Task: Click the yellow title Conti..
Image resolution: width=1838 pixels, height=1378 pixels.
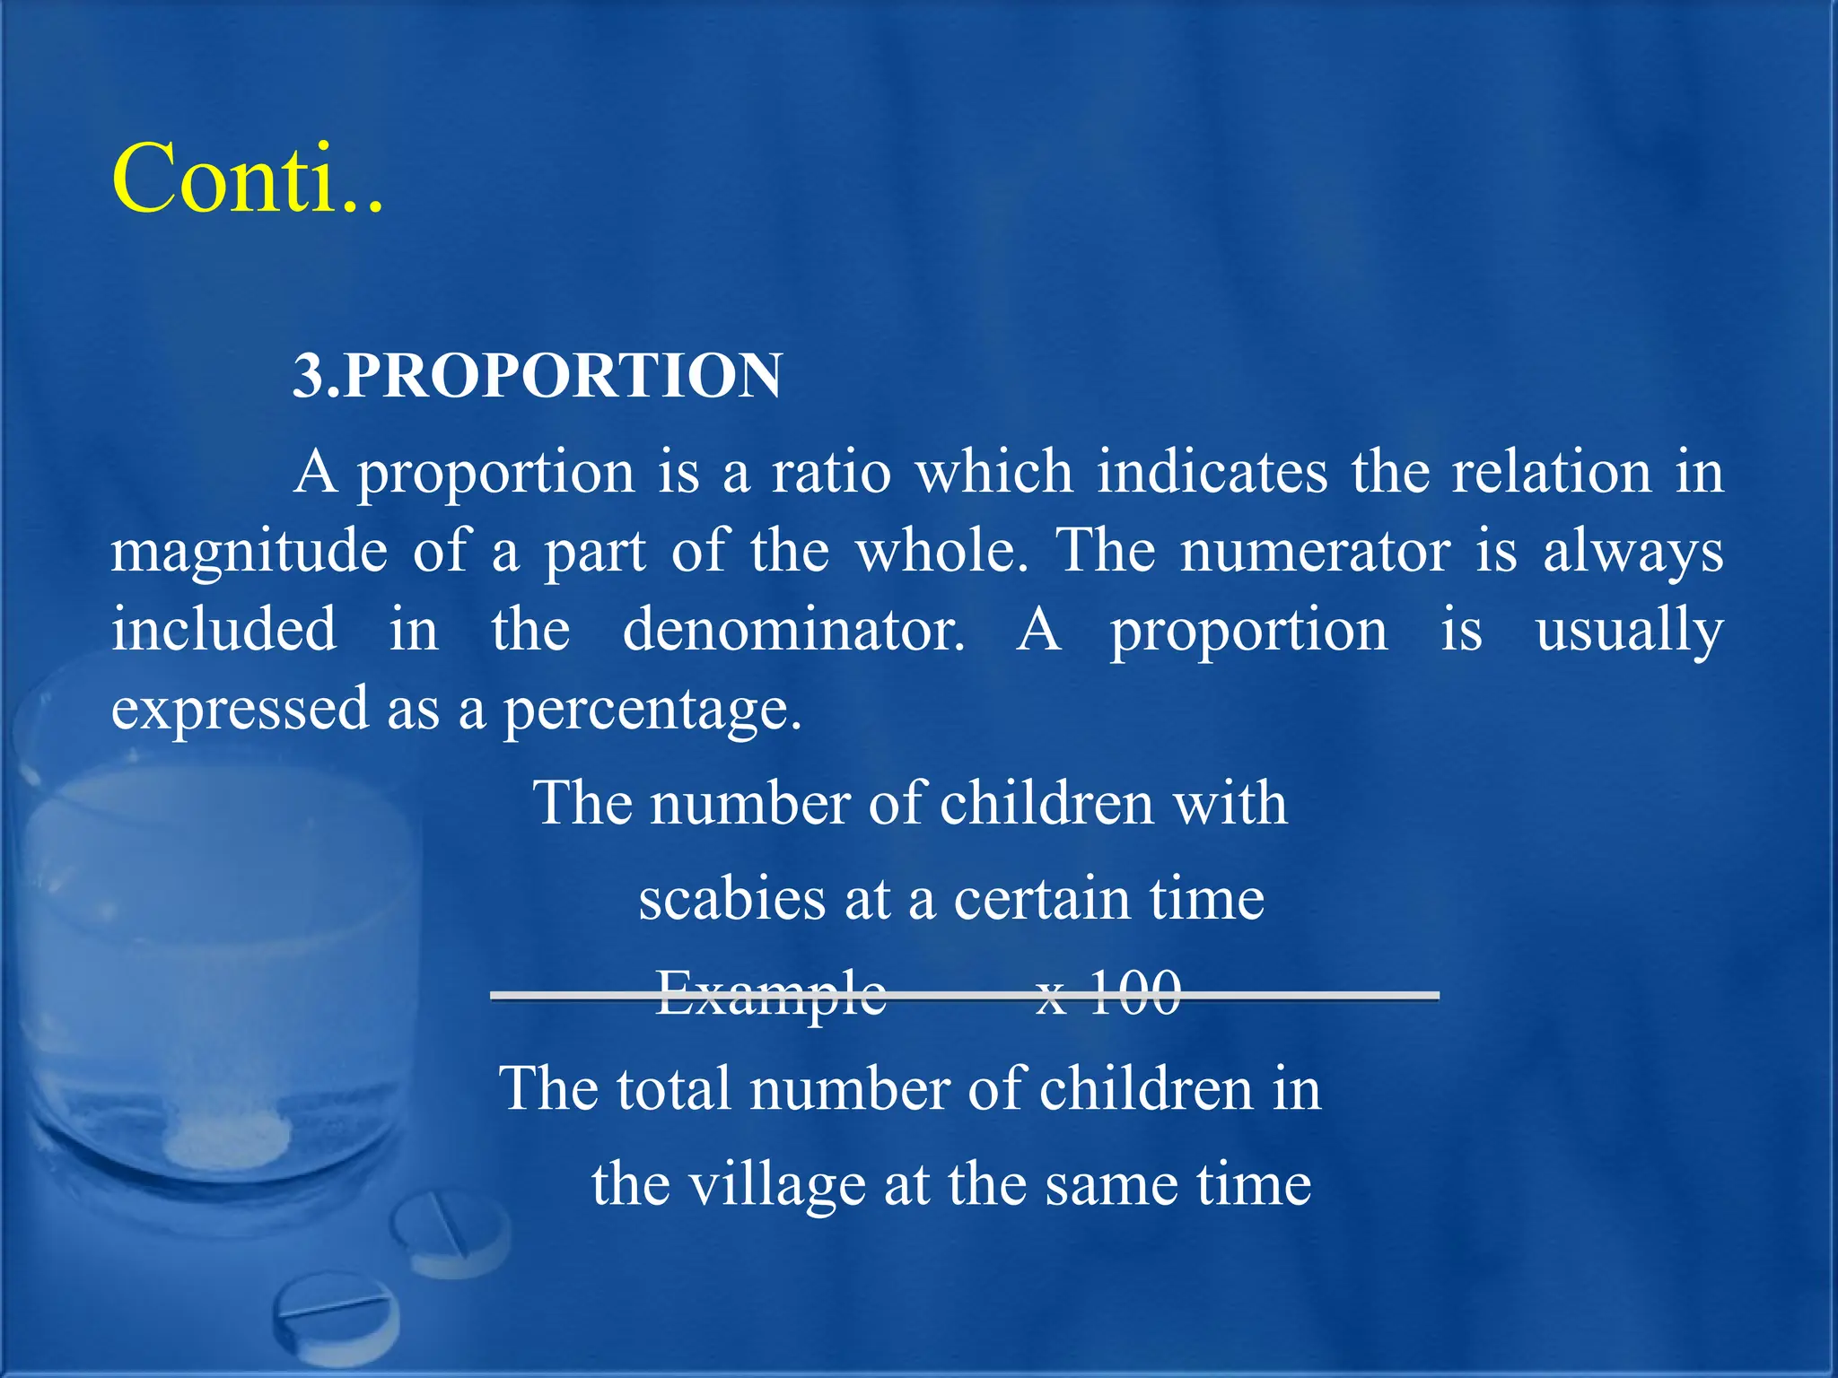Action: click(x=248, y=179)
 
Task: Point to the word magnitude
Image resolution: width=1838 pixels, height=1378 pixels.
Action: click(x=249, y=551)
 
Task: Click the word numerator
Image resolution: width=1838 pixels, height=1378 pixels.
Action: click(x=1314, y=551)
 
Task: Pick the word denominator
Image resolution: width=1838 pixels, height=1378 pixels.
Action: click(x=793, y=630)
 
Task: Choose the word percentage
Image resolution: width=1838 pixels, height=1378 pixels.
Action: click(x=652, y=709)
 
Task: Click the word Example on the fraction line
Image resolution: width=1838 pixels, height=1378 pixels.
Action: click(x=771, y=993)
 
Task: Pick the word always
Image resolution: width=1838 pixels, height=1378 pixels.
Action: click(x=1632, y=551)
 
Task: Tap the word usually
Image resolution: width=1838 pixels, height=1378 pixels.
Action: click(x=1629, y=630)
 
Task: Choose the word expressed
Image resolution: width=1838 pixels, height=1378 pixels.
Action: click(x=240, y=709)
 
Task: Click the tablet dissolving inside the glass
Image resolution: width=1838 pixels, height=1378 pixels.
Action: click(x=228, y=1140)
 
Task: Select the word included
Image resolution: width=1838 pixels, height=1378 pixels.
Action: click(x=224, y=630)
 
